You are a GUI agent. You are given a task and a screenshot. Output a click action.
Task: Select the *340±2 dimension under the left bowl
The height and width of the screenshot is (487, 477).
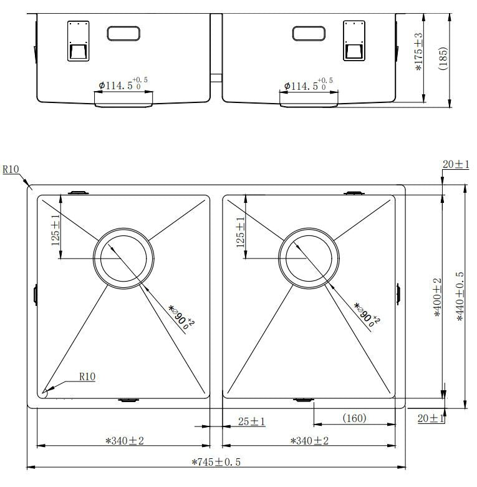(x=125, y=440)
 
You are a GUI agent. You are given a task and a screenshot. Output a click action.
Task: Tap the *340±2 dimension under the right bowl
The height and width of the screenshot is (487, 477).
(x=309, y=440)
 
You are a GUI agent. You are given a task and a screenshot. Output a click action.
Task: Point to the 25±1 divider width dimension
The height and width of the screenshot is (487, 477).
(x=251, y=421)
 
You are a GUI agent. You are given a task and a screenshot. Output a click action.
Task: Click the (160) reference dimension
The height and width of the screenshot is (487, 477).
(x=354, y=418)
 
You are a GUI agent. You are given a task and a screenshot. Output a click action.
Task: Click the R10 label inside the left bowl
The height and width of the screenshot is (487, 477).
(x=87, y=376)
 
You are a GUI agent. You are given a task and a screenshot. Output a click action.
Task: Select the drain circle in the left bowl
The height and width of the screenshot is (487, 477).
(x=123, y=258)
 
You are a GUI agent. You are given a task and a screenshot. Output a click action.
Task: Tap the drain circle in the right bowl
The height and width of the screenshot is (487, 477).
(x=309, y=258)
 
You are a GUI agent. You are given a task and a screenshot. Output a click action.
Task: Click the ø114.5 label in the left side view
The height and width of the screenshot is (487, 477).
(x=123, y=84)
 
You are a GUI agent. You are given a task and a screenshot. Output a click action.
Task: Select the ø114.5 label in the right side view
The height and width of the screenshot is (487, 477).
(x=308, y=84)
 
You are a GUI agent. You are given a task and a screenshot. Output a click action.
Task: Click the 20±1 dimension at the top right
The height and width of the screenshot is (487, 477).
(x=456, y=164)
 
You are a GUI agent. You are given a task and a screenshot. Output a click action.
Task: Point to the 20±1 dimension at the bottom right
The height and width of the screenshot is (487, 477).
(x=431, y=418)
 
